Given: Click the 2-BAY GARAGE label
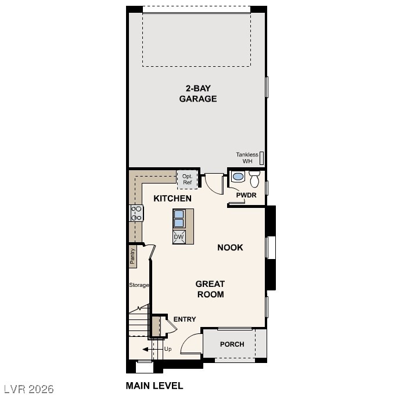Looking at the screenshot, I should coord(197,94).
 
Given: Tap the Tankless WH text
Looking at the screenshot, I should coord(247,157).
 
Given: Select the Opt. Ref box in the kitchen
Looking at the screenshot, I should coord(187,179).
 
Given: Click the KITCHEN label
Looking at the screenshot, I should coord(172,199).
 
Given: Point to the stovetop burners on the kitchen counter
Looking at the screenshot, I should coord(136,213).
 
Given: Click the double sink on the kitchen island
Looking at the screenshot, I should coord(179,218).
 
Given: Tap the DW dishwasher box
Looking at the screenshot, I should coord(179,237).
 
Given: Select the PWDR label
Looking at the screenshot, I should coord(246,195).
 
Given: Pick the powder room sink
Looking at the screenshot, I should coord(238,177).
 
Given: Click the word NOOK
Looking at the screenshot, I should coord(230,247).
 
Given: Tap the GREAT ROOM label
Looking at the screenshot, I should coord(210,289).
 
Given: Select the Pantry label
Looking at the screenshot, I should coord(132,256).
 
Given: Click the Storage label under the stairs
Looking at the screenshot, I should coord(139,285).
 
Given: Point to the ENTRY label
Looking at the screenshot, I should coord(185,319).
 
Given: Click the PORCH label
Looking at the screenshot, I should coord(232,344).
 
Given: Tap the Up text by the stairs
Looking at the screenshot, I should coord(168,349).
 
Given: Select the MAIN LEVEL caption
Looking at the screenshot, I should coord(154,385).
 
